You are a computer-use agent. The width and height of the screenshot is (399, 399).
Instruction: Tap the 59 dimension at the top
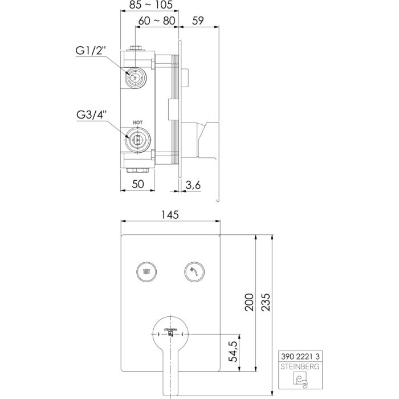click(199, 22)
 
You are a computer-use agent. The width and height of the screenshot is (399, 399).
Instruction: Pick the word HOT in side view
click(137, 123)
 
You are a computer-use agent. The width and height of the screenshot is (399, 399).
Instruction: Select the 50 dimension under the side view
click(138, 184)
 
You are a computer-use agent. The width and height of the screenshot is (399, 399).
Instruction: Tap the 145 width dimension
click(170, 215)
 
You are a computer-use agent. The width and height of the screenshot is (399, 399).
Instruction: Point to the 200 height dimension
click(249, 302)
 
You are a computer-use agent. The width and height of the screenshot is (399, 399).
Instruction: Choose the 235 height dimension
click(266, 302)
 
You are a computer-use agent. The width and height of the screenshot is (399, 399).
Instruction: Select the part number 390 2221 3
click(302, 355)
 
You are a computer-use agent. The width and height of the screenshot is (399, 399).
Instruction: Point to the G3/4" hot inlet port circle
click(136, 138)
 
